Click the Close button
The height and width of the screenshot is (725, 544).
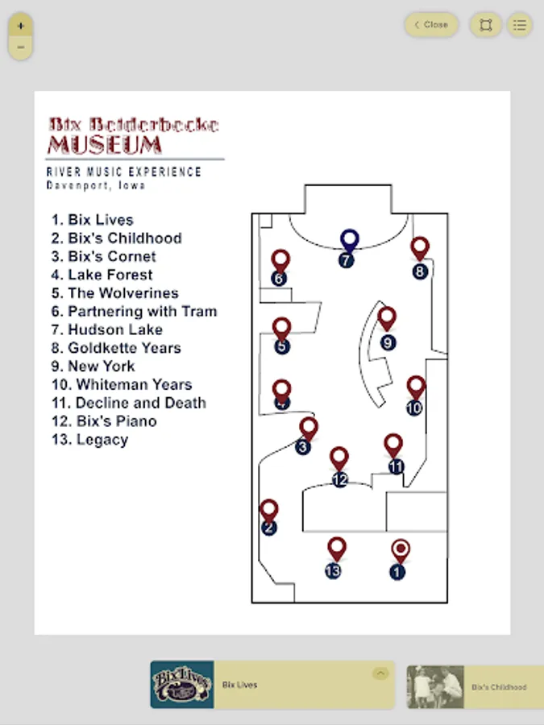click(x=431, y=25)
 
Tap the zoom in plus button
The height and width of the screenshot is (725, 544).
click(x=20, y=26)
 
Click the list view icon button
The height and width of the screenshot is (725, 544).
click(x=520, y=25)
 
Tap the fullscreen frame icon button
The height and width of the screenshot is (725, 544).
click(x=485, y=25)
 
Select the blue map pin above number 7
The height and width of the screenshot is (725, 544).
click(x=349, y=239)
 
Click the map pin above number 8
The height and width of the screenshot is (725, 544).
click(x=419, y=247)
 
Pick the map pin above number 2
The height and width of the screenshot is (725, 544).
click(x=269, y=509)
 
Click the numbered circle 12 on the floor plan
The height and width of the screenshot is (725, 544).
click(x=339, y=480)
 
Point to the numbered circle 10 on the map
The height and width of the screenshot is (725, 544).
click(x=414, y=408)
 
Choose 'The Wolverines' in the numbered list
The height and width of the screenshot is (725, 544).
click(x=123, y=293)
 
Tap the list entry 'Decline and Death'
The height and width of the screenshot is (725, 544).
click(x=140, y=403)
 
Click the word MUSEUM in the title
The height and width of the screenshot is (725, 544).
click(x=105, y=146)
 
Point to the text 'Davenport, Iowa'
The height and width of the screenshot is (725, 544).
click(x=96, y=185)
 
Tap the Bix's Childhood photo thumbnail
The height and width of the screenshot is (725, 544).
click(x=435, y=686)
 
